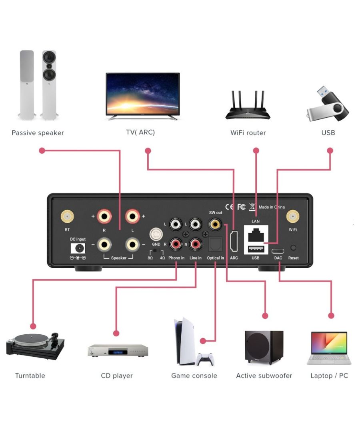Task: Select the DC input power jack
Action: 78,248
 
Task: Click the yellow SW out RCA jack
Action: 216,222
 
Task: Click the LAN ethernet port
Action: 256,235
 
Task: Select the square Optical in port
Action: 216,243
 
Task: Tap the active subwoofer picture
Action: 264,347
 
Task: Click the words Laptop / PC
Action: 329,376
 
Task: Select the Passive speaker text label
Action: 38,133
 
